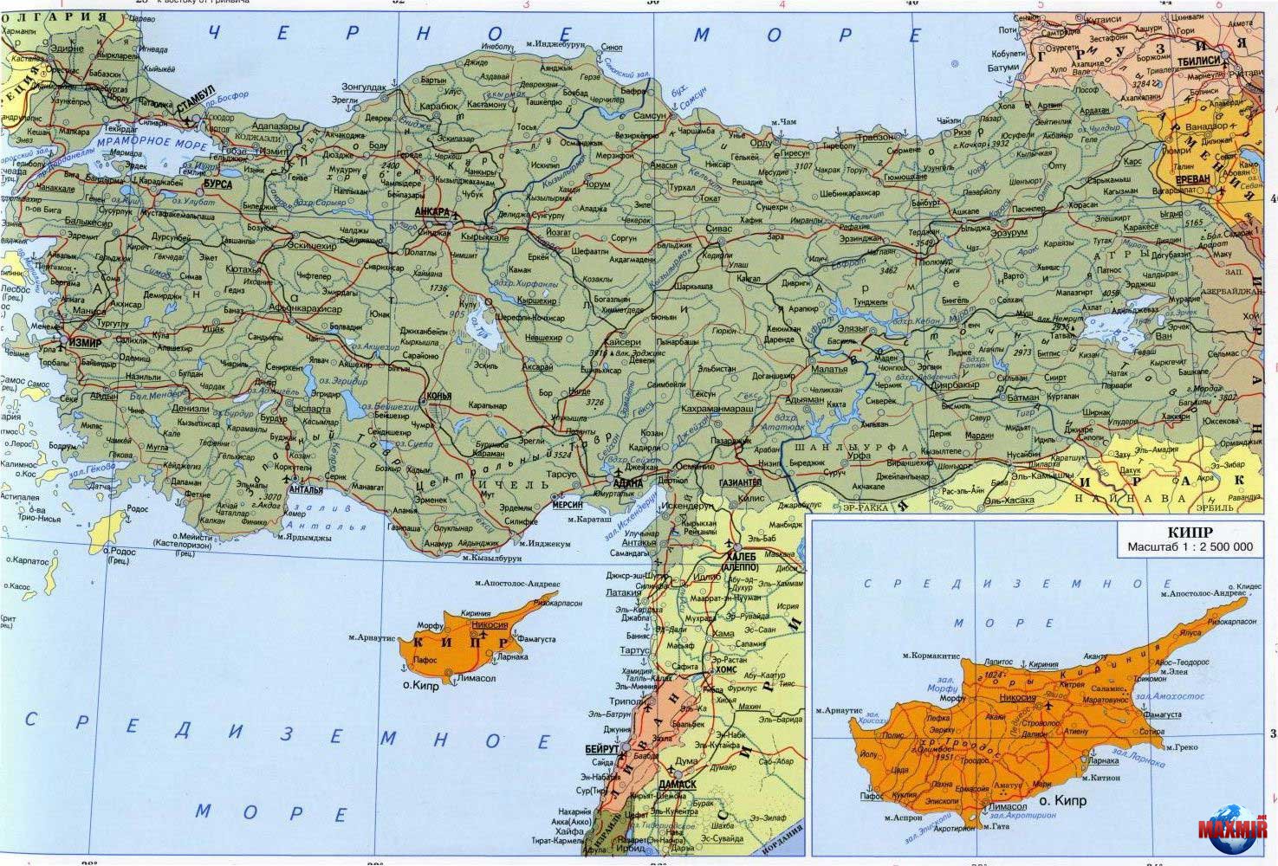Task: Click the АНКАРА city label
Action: click(x=431, y=212)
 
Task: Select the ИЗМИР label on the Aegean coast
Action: click(x=83, y=341)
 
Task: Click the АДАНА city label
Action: click(x=627, y=483)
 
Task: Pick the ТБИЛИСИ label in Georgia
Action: click(x=1199, y=60)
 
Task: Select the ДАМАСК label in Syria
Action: click(x=677, y=784)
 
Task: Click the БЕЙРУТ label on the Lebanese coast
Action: click(x=602, y=748)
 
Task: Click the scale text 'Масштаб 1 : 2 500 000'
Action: click(x=1190, y=547)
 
